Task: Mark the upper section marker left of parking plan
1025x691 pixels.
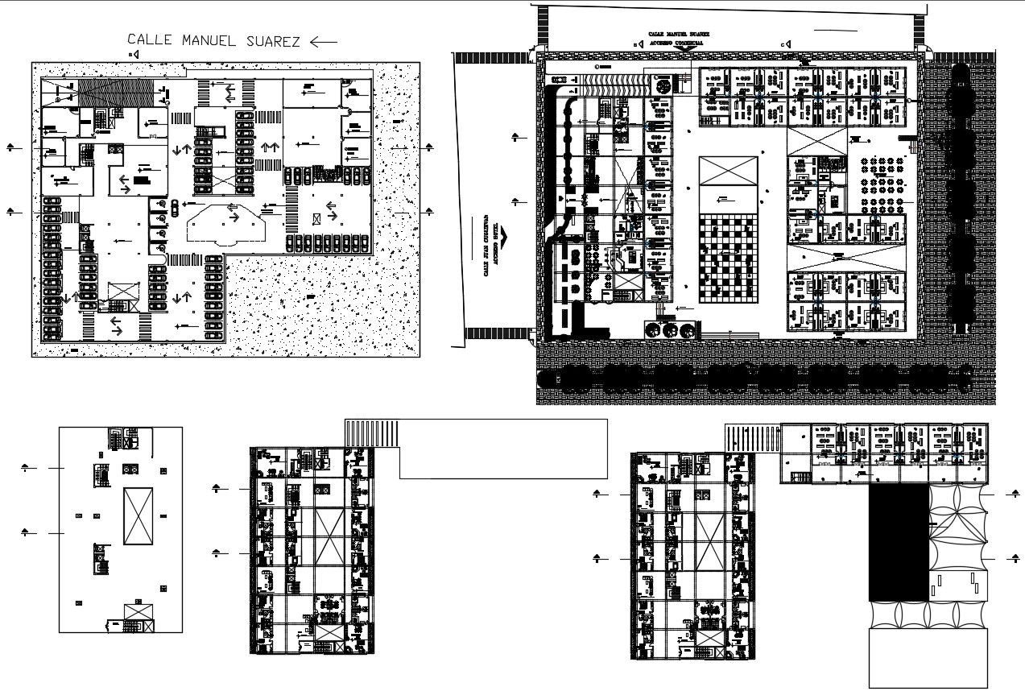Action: [11, 147]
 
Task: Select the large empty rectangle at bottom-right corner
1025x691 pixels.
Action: [928, 657]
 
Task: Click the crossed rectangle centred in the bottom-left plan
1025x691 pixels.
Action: [138, 515]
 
